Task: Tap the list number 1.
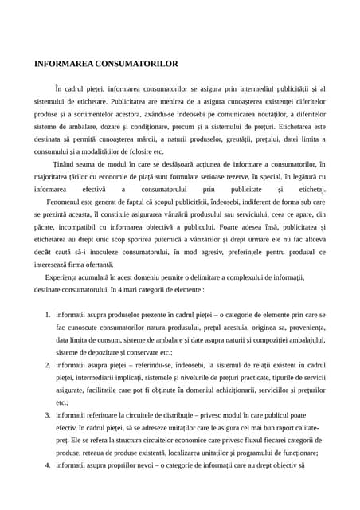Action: [48, 316]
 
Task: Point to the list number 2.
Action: [48, 364]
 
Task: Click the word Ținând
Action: [67, 164]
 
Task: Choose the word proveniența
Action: [305, 328]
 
